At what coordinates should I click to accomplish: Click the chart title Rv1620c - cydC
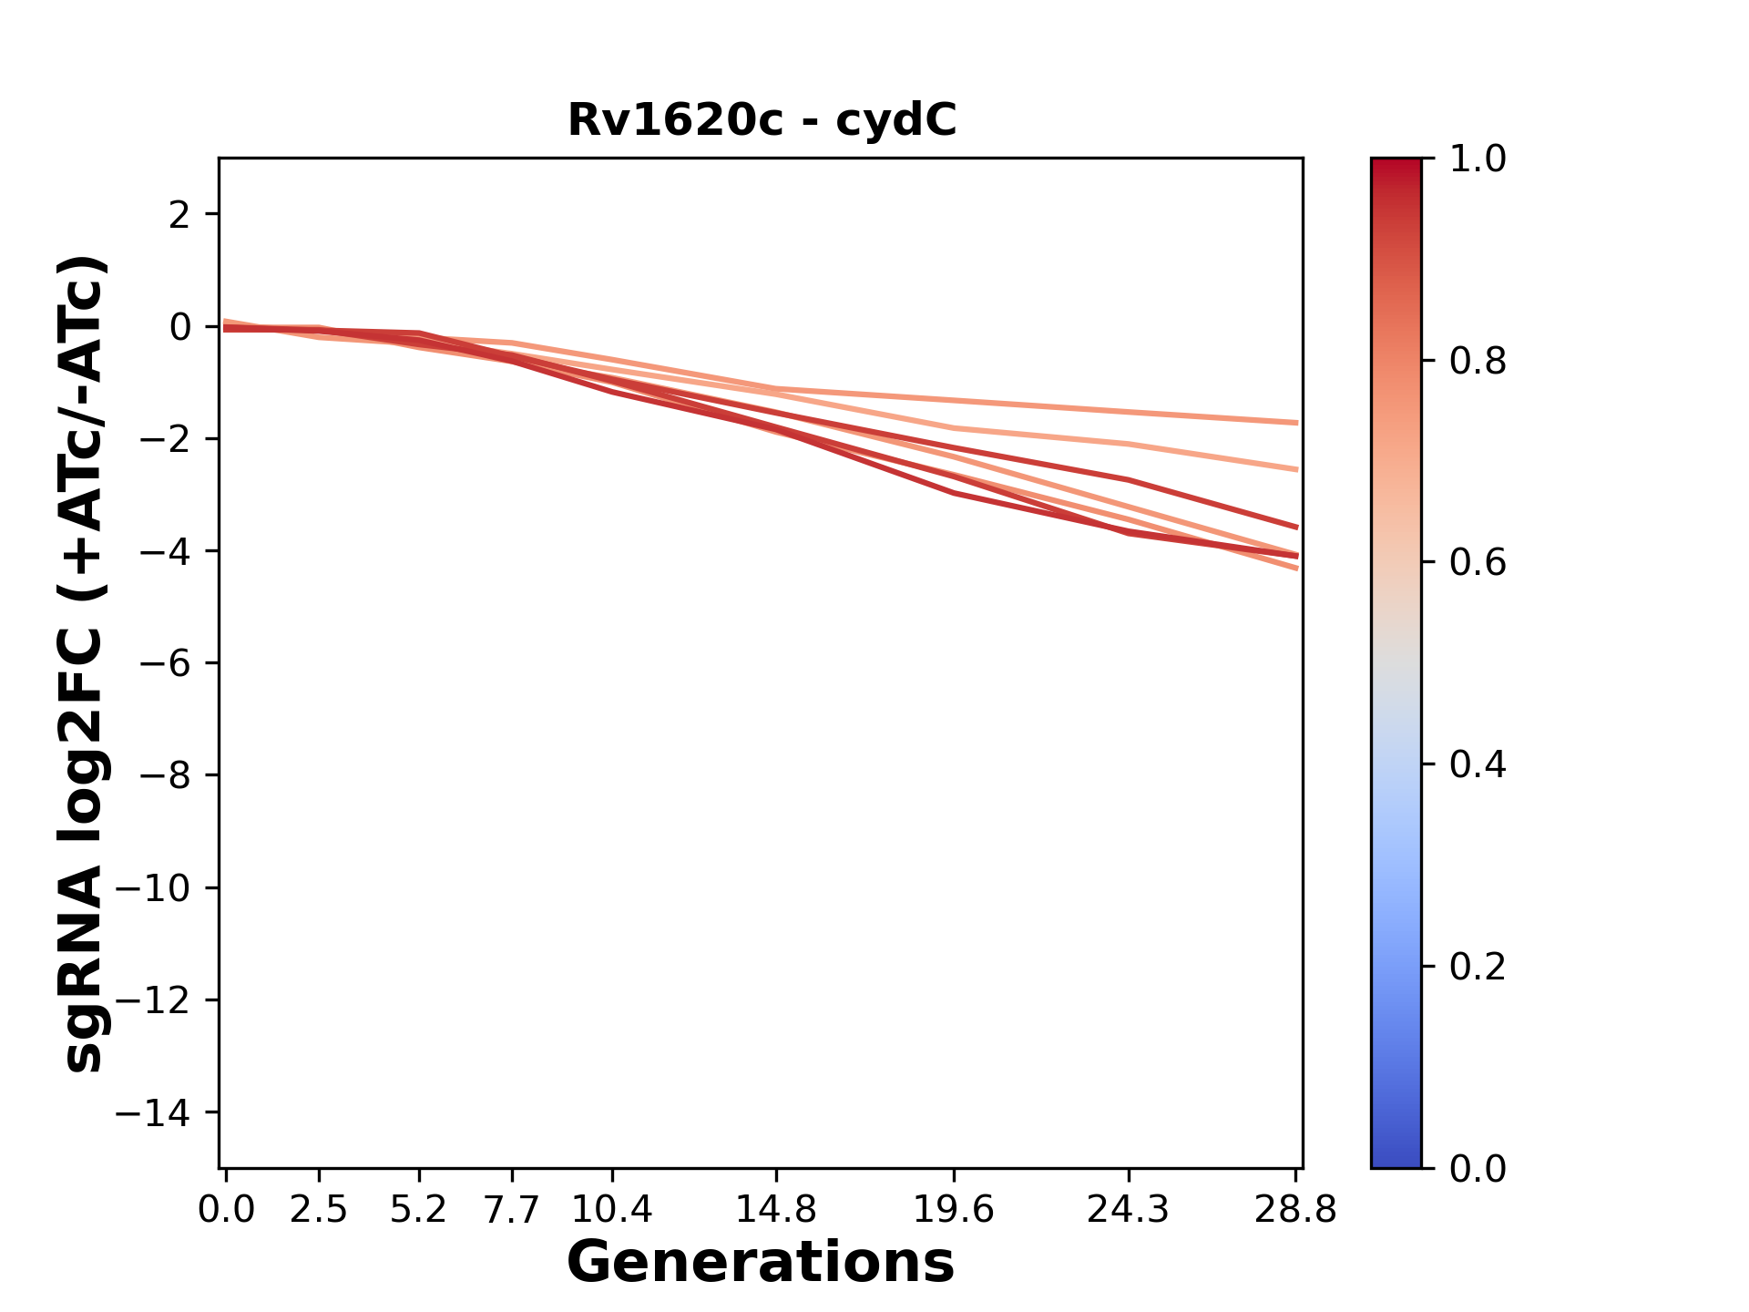(x=762, y=120)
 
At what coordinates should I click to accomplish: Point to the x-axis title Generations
(x=761, y=1263)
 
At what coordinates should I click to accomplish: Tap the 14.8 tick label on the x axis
(x=775, y=1209)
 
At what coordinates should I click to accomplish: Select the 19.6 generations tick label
(x=954, y=1209)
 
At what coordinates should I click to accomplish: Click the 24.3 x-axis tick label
(x=1129, y=1209)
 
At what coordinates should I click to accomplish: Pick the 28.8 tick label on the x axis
(x=1295, y=1209)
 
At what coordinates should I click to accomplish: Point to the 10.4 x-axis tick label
(x=612, y=1209)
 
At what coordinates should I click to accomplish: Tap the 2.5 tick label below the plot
(x=319, y=1209)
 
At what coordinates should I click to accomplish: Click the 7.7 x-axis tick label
(x=512, y=1209)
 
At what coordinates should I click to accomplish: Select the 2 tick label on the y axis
(x=180, y=215)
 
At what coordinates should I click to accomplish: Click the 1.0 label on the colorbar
(x=1478, y=159)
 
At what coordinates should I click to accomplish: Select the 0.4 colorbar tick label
(x=1478, y=764)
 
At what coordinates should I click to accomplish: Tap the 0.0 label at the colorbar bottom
(x=1478, y=1168)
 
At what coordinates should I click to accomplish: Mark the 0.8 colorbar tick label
(x=1478, y=362)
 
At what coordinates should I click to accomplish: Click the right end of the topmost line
(x=1296, y=423)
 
